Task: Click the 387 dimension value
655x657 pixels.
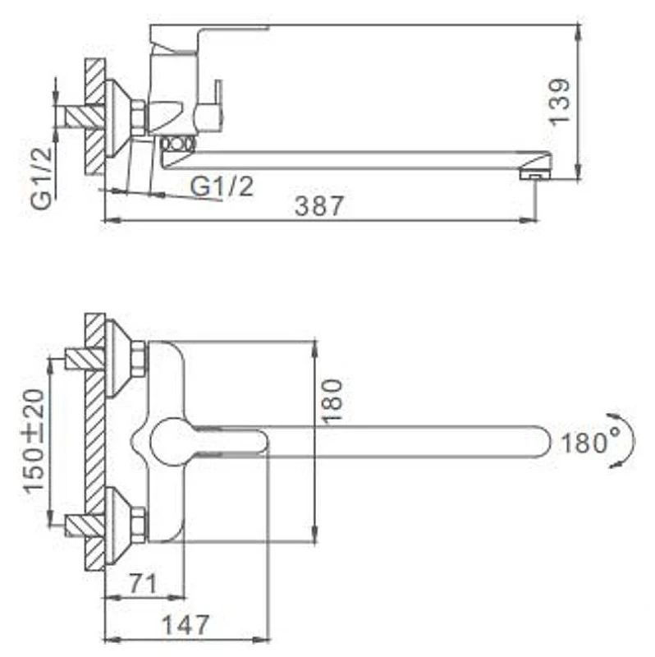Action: click(x=319, y=205)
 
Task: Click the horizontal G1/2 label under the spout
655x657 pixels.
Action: click(x=222, y=186)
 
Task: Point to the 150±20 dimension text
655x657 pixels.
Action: click(x=34, y=441)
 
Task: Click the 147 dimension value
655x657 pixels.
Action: click(x=185, y=625)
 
